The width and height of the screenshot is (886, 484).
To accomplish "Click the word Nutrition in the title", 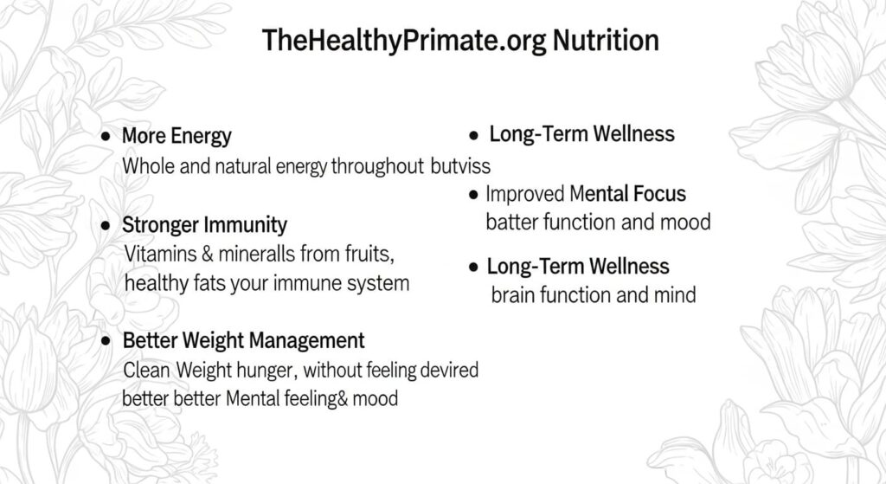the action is (x=606, y=40).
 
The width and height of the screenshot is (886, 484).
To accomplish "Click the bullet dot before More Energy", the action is (x=106, y=136).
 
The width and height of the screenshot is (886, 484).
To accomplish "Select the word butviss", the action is (x=460, y=165).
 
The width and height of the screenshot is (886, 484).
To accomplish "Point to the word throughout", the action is (x=377, y=166).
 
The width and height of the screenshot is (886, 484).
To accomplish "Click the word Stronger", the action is (x=160, y=225).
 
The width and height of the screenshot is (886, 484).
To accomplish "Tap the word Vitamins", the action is (x=160, y=254).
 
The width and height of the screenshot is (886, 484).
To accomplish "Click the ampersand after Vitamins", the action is (x=208, y=254).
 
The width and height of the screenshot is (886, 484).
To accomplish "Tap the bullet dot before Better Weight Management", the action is (x=106, y=340).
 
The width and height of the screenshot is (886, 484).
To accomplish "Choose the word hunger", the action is (x=266, y=371).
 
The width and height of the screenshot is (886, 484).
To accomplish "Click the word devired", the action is (x=449, y=370).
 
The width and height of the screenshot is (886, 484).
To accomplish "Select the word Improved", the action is (x=525, y=194).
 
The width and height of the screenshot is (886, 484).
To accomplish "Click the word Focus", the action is (x=659, y=194).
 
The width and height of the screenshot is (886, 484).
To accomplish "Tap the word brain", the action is (x=513, y=295).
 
